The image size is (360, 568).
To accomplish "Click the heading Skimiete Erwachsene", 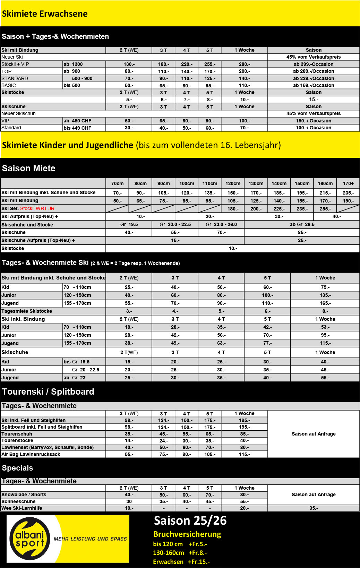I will click(x=45, y=14).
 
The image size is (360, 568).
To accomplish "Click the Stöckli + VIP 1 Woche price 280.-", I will click(x=244, y=64).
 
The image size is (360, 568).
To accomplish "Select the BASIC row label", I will click(x=9, y=85).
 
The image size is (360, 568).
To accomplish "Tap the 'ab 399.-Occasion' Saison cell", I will click(x=313, y=64).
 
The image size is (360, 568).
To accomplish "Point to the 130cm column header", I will click(x=256, y=183).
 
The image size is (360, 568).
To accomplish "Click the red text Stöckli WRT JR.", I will click(x=38, y=208).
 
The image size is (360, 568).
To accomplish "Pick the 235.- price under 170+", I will click(x=348, y=193).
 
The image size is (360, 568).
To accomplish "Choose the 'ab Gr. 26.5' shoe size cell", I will click(x=302, y=224).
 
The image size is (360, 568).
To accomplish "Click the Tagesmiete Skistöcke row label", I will click(x=27, y=311).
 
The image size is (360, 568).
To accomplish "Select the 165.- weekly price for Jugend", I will click(x=325, y=303).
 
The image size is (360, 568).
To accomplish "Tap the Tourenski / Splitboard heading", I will click(x=48, y=391).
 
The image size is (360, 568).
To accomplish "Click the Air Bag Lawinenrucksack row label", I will click(x=31, y=454).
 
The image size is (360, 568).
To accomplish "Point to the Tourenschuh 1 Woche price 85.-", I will click(x=244, y=434).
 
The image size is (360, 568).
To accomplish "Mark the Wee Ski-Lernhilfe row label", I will click(x=22, y=508).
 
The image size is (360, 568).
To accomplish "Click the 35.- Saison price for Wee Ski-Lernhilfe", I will click(x=313, y=508).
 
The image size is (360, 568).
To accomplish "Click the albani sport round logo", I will click(x=30, y=539).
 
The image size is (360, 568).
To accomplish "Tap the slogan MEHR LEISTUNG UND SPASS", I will click(x=90, y=539).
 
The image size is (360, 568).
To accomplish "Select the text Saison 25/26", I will click(x=190, y=520).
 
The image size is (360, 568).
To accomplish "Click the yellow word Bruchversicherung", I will click(x=187, y=534).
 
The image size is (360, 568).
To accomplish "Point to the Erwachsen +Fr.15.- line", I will click(x=181, y=561).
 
